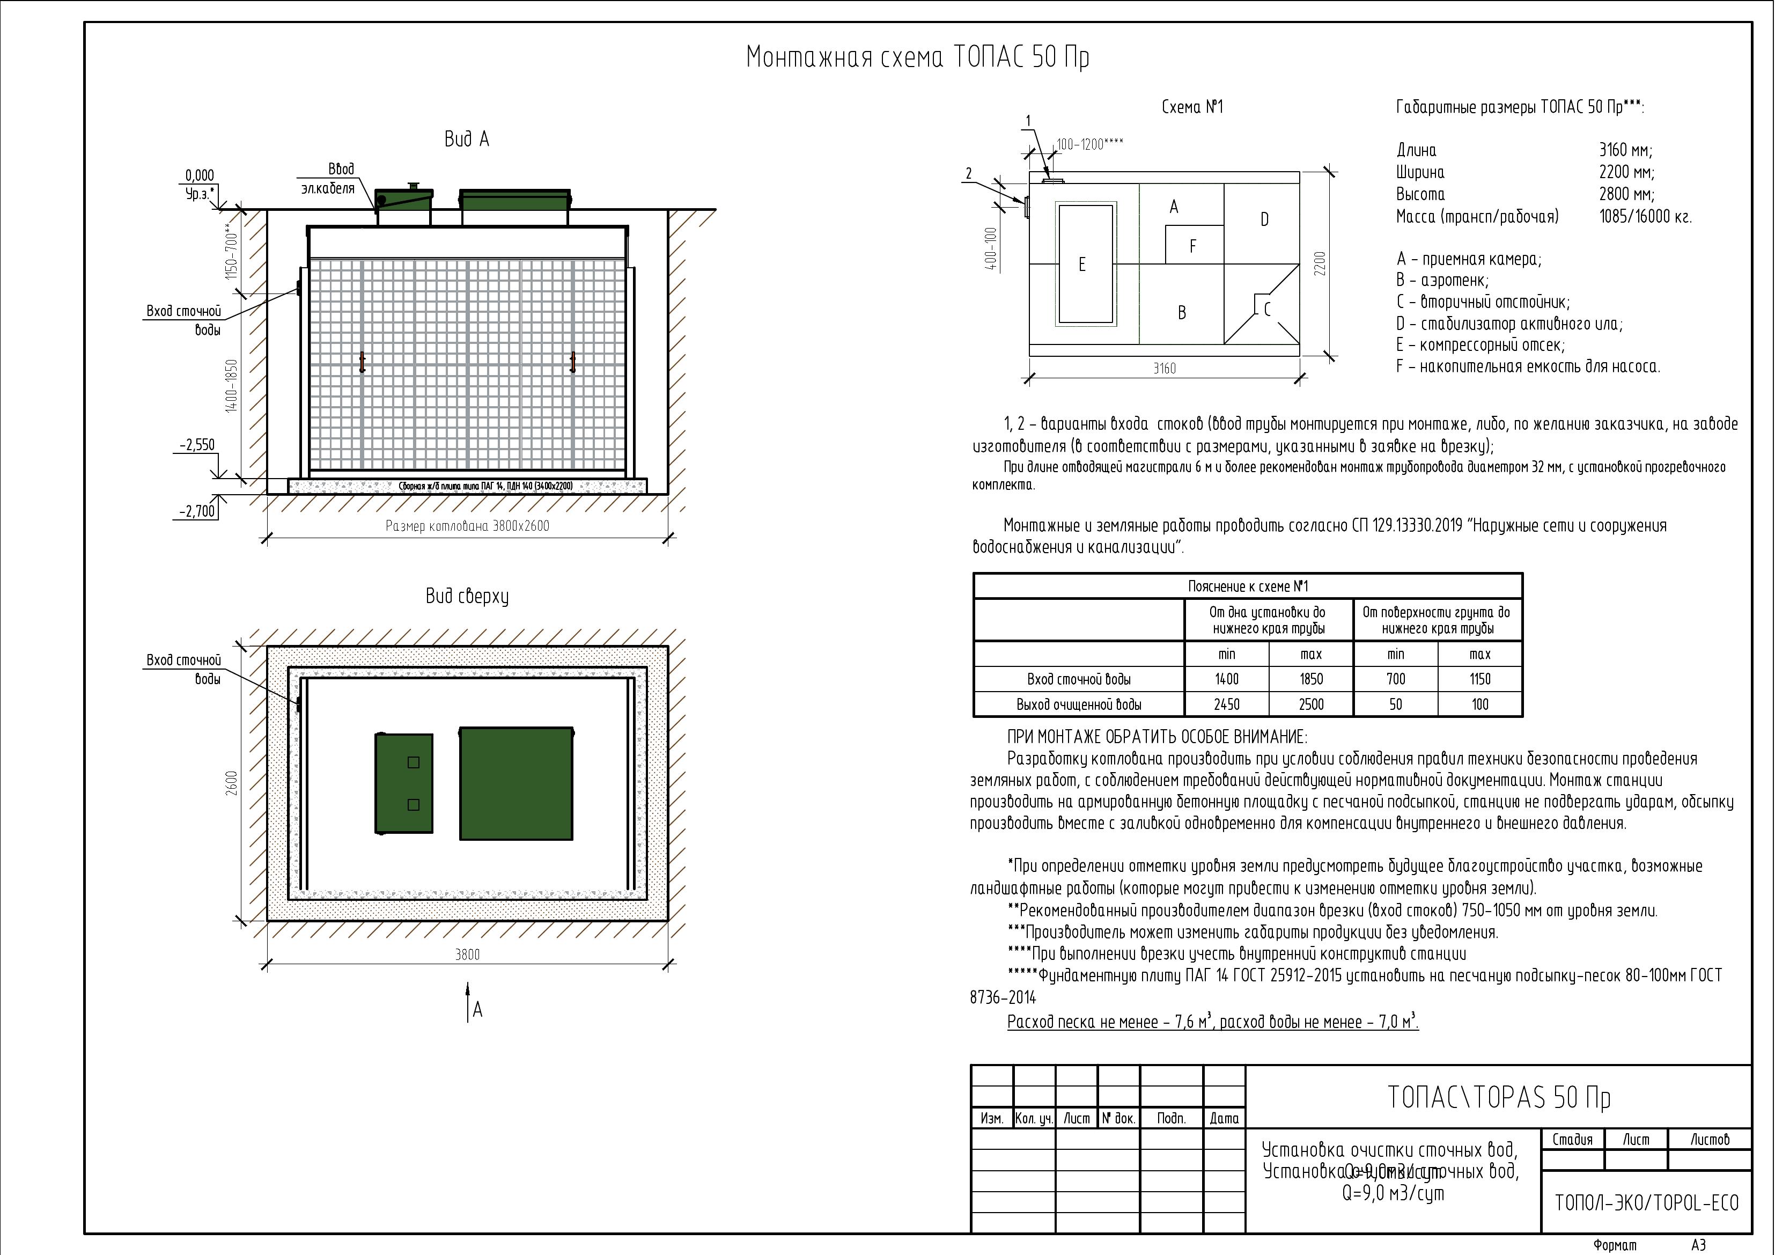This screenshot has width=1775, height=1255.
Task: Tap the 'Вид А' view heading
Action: (x=466, y=139)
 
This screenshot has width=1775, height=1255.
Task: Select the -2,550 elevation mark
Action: (x=197, y=445)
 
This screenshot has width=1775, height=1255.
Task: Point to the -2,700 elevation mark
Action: (x=197, y=511)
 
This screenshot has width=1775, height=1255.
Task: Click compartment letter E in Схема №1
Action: (x=1081, y=265)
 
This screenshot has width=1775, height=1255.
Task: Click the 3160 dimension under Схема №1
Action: (x=1164, y=369)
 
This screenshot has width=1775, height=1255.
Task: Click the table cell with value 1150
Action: (x=1479, y=679)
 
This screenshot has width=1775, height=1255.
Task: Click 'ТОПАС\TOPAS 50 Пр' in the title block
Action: (x=1498, y=1098)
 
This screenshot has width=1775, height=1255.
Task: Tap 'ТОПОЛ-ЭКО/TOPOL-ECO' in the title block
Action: (x=1646, y=1203)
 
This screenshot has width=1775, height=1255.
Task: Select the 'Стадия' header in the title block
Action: (x=1572, y=1140)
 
